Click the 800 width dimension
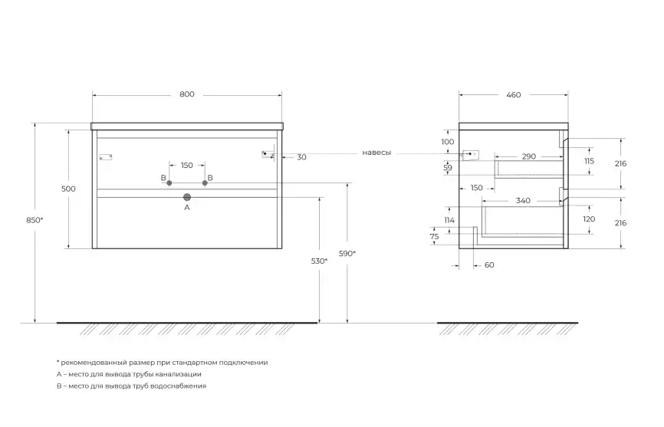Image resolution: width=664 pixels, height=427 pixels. coord(187,94)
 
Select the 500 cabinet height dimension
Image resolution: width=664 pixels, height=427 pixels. coord(69,189)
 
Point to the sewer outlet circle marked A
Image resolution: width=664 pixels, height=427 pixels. coord(186,197)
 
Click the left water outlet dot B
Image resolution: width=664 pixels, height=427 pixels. coord(169,182)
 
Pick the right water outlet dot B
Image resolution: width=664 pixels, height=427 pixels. coord(205,182)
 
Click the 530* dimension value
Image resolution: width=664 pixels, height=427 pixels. coord(320,261)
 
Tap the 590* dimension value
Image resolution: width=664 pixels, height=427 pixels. coord(348,253)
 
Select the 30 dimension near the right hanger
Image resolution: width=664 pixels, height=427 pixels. coord(301,157)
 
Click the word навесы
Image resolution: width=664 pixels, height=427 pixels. coord(376,153)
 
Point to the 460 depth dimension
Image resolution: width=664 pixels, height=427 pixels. coord(513,95)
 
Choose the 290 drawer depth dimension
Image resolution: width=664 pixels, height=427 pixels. coord(528,156)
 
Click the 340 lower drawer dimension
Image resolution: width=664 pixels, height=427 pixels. coord(523,201)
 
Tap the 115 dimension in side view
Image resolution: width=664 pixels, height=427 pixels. coord(589,161)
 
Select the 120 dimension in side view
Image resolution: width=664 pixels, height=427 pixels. coord(589,218)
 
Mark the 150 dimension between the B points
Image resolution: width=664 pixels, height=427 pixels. coord(187,166)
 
